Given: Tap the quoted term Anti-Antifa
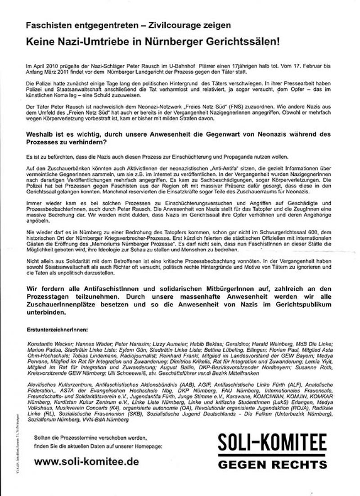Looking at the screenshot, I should pos(228,167).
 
